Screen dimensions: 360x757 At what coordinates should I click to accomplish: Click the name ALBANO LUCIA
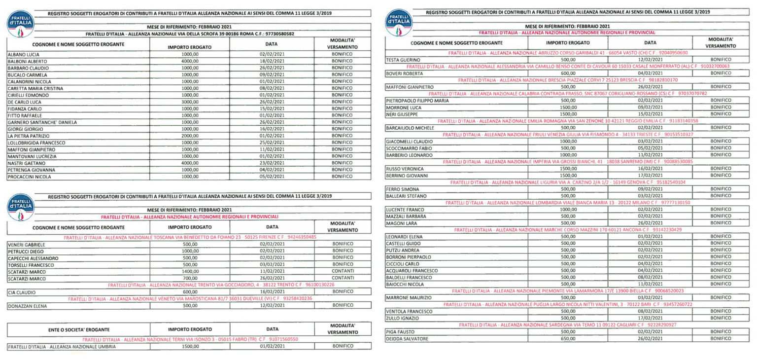(23, 54)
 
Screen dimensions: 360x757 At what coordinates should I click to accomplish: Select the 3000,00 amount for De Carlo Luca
(189, 102)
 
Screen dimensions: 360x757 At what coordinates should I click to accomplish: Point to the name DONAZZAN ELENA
(27, 306)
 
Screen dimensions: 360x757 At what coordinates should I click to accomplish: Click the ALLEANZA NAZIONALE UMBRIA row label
(62, 347)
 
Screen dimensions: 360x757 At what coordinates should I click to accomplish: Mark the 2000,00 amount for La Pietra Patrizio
(189, 136)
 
